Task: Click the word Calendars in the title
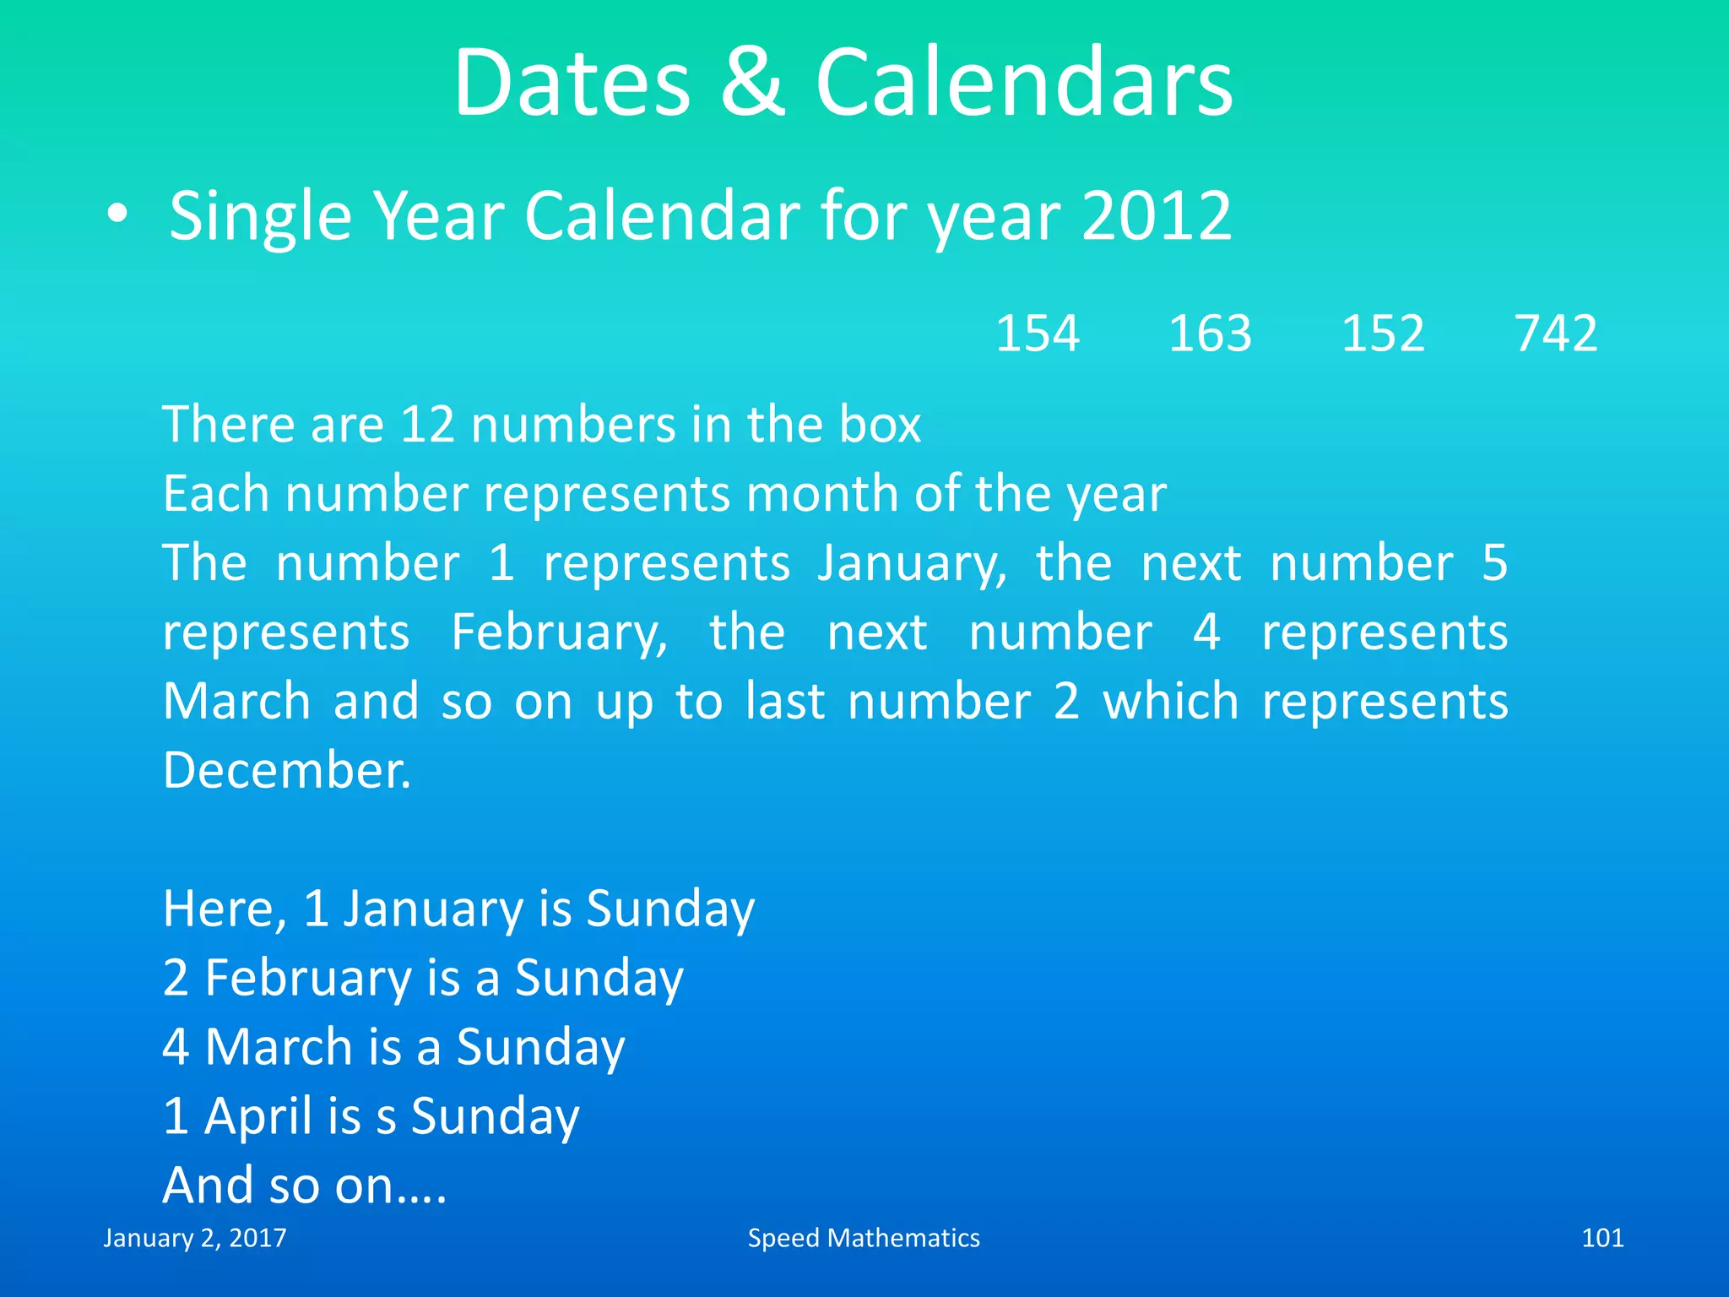[1023, 83]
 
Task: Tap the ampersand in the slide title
[752, 83]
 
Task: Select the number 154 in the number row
[1038, 334]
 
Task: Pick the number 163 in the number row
[1210, 334]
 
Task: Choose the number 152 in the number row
[1383, 334]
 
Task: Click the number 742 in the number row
[1556, 334]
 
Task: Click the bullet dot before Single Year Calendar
[118, 215]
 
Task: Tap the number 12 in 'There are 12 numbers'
[427, 424]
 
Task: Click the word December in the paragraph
[287, 770]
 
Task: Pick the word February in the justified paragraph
[559, 633]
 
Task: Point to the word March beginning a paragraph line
[237, 702]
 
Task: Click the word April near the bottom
[258, 1116]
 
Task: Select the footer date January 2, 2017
[195, 1238]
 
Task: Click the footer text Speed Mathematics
[864, 1238]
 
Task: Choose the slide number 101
[1602, 1238]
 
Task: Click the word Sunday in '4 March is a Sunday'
[540, 1048]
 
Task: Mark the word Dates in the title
[572, 83]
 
